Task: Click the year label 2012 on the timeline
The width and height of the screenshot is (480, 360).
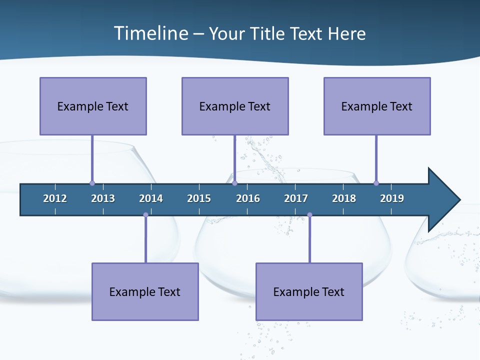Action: coord(55,198)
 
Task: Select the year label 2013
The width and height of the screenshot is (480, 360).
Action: coord(103,198)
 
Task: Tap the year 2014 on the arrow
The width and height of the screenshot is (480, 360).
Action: coord(151,198)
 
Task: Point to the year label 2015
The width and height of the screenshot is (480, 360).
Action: coord(199,198)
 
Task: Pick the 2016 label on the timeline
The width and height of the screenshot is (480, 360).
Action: coord(248,198)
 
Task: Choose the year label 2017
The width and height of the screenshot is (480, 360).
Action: coord(296,198)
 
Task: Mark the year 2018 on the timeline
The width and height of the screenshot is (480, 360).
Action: coord(344,198)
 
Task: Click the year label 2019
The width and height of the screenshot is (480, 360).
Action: coord(392,198)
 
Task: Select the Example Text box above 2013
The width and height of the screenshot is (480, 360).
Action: coord(93,106)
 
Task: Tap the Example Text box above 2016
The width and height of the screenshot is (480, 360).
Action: coord(235,106)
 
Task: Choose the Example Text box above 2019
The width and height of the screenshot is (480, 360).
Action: coord(377,106)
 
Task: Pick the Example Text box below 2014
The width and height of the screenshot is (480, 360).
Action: coord(145,291)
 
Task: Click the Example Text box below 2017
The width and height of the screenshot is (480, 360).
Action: coord(309,291)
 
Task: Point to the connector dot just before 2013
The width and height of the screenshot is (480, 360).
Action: coord(92,183)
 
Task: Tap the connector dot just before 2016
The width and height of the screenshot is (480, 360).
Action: coord(234,183)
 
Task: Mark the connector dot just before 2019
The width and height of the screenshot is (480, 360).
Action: coord(376,183)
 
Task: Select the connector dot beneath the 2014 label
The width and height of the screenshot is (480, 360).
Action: coord(145,215)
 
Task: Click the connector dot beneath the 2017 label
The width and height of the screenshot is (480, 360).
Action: coord(309,215)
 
